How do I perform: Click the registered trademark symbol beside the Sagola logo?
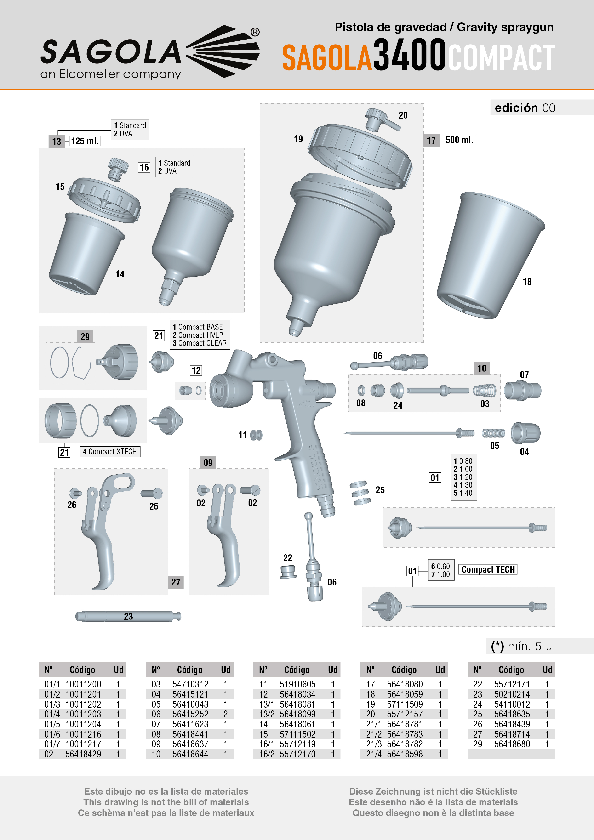(255, 32)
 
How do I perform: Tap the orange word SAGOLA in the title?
(327, 57)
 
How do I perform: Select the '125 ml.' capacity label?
(85, 141)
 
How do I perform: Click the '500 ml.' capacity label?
(459, 140)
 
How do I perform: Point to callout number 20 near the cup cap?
(403, 115)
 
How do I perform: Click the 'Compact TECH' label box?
(488, 570)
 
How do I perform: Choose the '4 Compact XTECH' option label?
(110, 452)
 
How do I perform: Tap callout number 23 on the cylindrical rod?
(128, 616)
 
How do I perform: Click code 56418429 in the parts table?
(83, 754)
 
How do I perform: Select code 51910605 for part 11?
(297, 684)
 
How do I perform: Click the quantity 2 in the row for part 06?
(225, 714)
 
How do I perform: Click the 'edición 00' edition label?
(525, 108)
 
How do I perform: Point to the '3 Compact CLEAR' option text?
(200, 343)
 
